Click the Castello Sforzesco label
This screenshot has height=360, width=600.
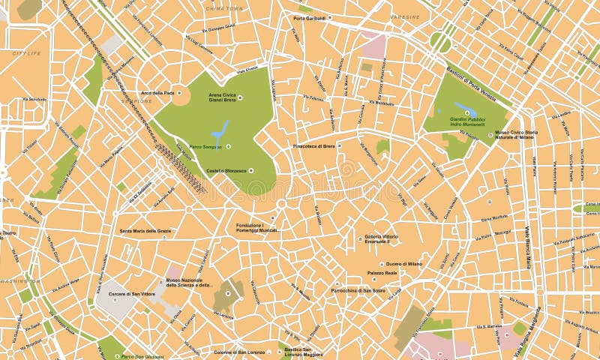(226, 170)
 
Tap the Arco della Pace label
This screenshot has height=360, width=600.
(157, 93)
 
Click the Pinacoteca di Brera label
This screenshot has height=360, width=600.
(313, 145)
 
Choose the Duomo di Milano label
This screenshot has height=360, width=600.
(403, 264)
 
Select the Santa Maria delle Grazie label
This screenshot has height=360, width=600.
(145, 231)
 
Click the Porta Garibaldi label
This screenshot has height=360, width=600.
(310, 17)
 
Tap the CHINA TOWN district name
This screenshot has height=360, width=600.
(224, 7)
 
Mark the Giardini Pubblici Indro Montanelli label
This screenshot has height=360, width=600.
(467, 121)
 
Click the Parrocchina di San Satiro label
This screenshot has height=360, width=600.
(358, 289)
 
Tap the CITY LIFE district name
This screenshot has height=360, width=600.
(26, 53)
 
